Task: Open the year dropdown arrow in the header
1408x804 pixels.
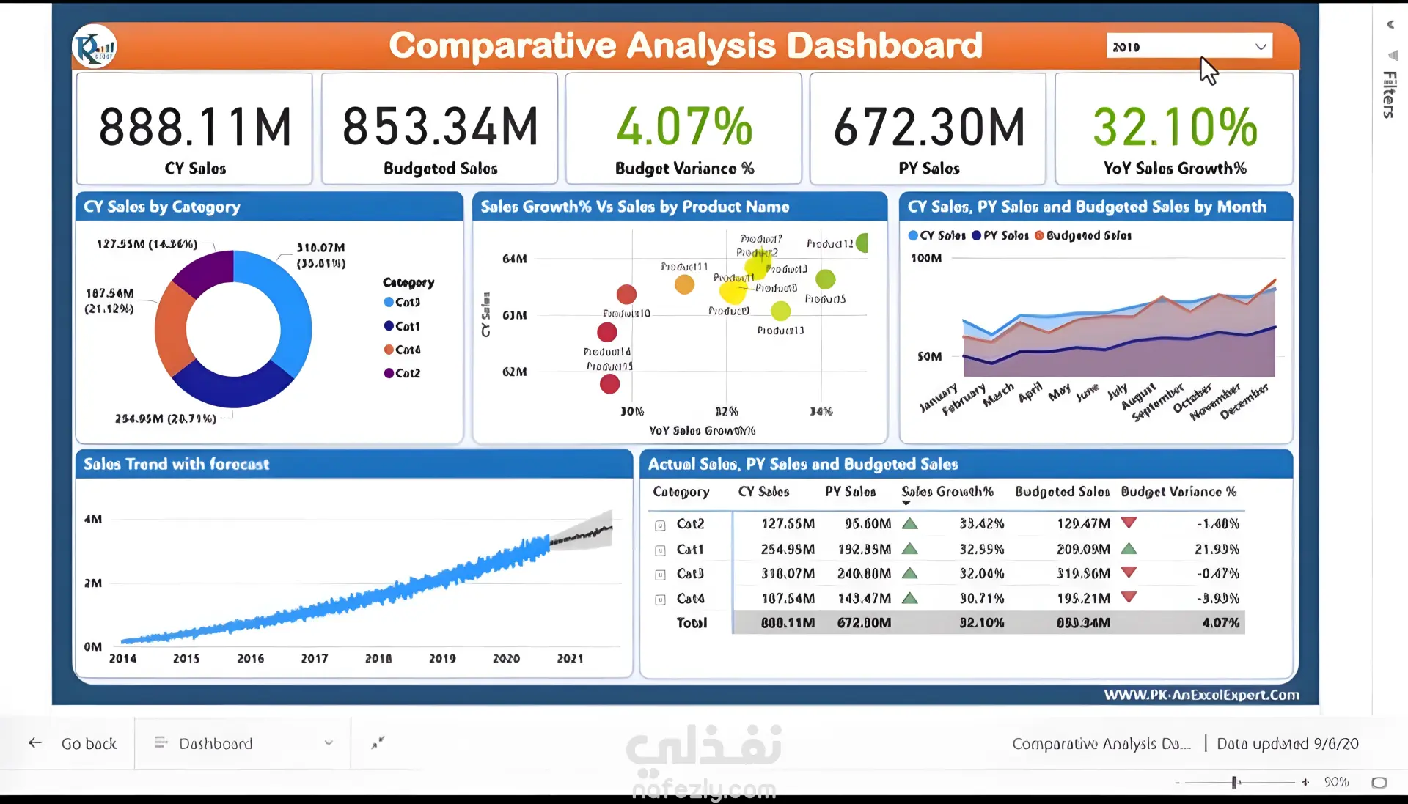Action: point(1261,47)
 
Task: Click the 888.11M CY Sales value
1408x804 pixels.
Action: point(195,127)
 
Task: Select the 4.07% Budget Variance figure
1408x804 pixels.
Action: point(684,127)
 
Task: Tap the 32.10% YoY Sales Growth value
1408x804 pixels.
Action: point(1175,127)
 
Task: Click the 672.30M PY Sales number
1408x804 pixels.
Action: point(929,127)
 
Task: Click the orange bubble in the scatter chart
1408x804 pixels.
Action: point(684,284)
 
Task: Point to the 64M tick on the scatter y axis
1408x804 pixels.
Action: point(514,259)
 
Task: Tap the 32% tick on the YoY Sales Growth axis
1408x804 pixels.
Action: point(726,412)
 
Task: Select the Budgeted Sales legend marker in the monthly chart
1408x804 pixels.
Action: point(1039,235)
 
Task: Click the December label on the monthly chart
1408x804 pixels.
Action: point(1244,402)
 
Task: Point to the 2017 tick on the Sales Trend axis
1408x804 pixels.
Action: point(315,659)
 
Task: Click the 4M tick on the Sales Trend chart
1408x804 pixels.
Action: point(93,520)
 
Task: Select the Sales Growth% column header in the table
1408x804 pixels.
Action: point(947,492)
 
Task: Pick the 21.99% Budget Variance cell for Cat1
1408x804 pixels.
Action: point(1217,549)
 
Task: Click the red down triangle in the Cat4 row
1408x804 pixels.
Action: point(1129,597)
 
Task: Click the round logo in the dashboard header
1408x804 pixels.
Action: point(95,47)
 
